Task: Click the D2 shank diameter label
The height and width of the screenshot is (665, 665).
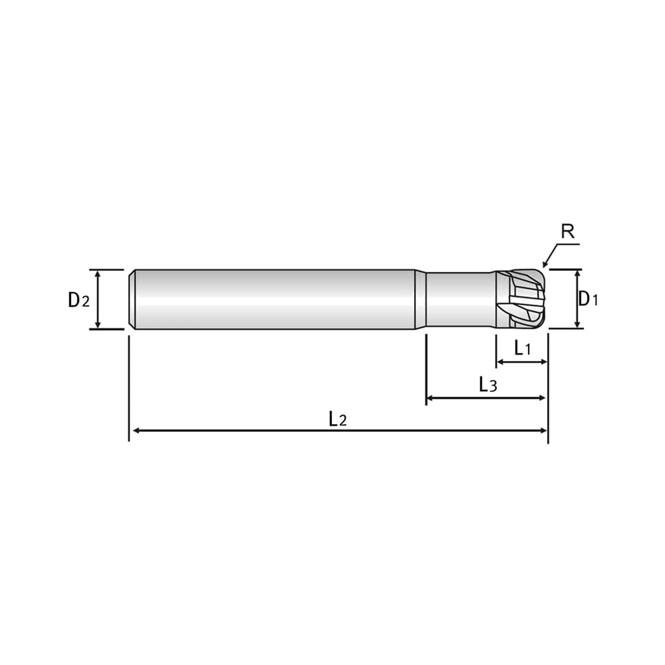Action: pyautogui.click(x=79, y=300)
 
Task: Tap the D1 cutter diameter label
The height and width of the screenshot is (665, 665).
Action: pyautogui.click(x=588, y=299)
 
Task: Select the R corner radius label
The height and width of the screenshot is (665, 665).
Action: pyautogui.click(x=568, y=231)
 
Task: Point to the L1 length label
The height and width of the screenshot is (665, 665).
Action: pyautogui.click(x=522, y=348)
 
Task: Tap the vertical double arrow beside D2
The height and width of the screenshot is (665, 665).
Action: pyautogui.click(x=98, y=299)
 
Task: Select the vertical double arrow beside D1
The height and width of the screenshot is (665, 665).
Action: pyautogui.click(x=578, y=299)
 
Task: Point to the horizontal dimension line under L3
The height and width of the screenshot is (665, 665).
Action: pyautogui.click(x=486, y=398)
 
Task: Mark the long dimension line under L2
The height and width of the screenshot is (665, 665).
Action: pyautogui.click(x=340, y=431)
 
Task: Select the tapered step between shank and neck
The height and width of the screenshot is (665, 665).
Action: pyautogui.click(x=421, y=299)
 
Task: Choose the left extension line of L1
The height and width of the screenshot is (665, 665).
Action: pyautogui.click(x=496, y=351)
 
